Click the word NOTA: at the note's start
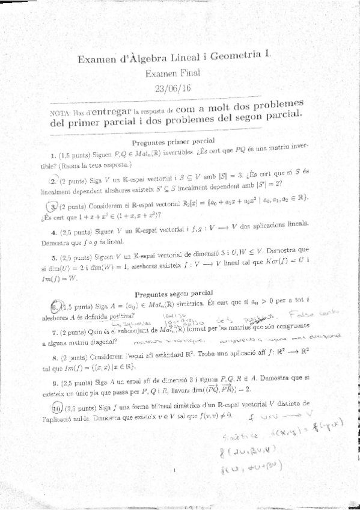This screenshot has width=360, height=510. [61, 113]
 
